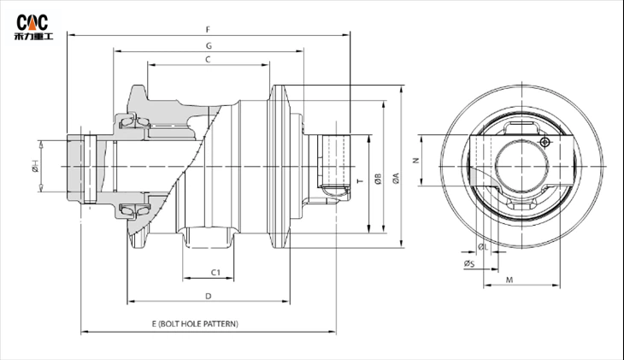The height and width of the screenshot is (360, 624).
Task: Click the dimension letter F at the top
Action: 208,29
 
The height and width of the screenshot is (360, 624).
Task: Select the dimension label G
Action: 208,44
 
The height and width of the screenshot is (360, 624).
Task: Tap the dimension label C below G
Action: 208,58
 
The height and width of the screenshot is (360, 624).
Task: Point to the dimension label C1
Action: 215,272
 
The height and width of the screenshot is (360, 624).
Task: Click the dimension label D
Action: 208,296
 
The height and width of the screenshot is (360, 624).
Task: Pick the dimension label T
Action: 359,182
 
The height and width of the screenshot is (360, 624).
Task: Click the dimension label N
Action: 415,160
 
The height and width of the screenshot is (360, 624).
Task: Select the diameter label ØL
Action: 482,246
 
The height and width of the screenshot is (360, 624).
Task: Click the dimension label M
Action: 509,280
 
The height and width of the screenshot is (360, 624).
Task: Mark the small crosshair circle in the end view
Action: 545,142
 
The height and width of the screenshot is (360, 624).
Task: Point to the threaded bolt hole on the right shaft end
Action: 335,160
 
